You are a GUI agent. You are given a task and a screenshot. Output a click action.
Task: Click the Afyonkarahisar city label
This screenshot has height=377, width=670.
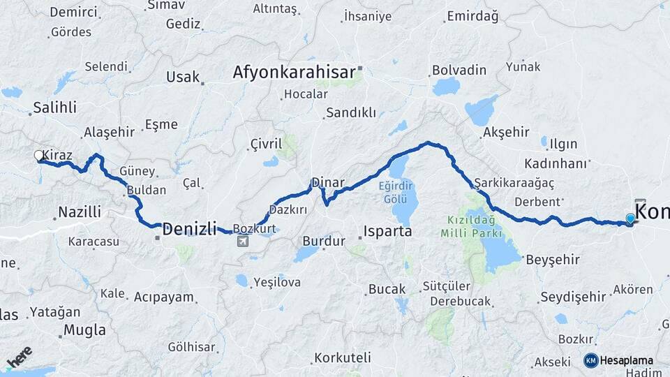[x=294, y=72]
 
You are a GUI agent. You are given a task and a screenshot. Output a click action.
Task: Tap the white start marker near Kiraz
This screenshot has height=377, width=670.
[x=39, y=156]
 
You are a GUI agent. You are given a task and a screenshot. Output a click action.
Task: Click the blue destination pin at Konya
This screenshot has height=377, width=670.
[x=631, y=219]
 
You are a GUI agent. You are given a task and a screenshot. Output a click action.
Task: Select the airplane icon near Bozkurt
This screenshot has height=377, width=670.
[x=242, y=242]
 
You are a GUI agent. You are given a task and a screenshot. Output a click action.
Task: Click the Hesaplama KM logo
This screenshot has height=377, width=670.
[x=618, y=360]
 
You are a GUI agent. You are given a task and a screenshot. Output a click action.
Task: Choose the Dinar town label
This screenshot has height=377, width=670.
[x=328, y=182]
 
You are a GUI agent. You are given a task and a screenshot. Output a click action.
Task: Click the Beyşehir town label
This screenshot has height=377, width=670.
[x=552, y=260]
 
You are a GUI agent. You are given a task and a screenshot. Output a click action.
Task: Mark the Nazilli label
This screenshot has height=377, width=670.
[x=80, y=212]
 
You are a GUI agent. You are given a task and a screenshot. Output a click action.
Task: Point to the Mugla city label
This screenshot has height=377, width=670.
[x=84, y=330]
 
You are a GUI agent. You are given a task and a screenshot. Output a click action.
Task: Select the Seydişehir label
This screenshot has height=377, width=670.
[x=573, y=297]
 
